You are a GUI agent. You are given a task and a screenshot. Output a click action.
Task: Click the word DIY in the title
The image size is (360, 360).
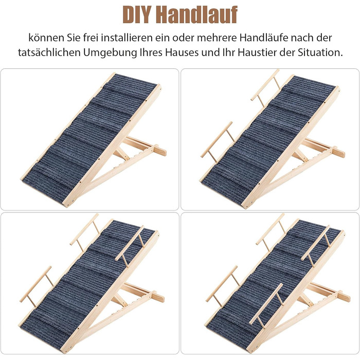137,15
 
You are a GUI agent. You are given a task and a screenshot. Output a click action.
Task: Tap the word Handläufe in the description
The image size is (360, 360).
264,38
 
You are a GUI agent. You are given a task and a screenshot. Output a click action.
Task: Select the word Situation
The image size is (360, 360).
320,52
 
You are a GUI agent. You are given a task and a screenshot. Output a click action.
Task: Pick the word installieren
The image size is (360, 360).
127,38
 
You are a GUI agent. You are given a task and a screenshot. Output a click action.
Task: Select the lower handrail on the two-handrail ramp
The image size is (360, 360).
218,142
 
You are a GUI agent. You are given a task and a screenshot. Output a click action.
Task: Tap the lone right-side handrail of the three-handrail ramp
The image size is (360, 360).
130,246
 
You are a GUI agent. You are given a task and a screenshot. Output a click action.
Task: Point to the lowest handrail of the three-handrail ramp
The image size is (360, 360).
36,286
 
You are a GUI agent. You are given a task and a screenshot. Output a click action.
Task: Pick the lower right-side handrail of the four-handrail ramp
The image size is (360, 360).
266,305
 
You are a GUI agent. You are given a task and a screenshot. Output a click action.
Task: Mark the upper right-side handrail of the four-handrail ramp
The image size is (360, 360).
316,246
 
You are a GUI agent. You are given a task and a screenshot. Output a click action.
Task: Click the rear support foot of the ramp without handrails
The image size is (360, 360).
160,150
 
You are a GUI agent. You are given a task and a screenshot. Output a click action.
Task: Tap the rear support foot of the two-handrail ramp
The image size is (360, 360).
338,152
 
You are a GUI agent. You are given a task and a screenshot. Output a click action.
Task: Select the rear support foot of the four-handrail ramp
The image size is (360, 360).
344,296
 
